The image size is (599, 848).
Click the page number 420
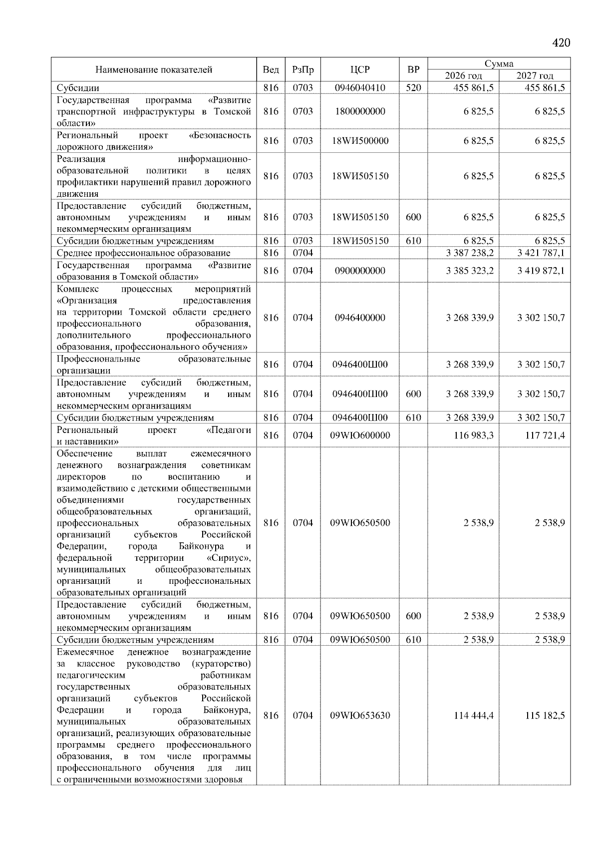coord(561,43)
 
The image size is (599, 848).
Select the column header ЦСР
coord(359,70)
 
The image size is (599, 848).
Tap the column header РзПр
coord(302,70)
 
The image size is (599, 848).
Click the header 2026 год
coord(463,76)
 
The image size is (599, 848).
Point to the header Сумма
coord(499,63)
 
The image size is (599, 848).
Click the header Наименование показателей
coord(154,70)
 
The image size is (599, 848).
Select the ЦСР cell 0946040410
coord(359,88)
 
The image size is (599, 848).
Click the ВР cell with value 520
coord(413,88)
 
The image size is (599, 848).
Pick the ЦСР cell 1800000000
coord(359,111)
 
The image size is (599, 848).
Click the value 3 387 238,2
coord(469,253)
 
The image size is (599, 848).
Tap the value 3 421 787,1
coord(541,253)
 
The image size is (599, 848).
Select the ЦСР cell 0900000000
coord(359,271)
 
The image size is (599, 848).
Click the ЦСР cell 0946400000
coord(359,318)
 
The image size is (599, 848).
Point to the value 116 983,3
coord(474,435)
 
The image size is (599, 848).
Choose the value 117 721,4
coord(545,435)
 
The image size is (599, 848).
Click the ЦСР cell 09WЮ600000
coord(359,435)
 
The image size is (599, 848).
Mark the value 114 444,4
coord(474,716)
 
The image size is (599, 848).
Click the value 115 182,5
coord(545,716)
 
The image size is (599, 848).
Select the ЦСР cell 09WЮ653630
coord(359,716)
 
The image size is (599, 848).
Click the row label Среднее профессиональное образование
coord(144,253)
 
